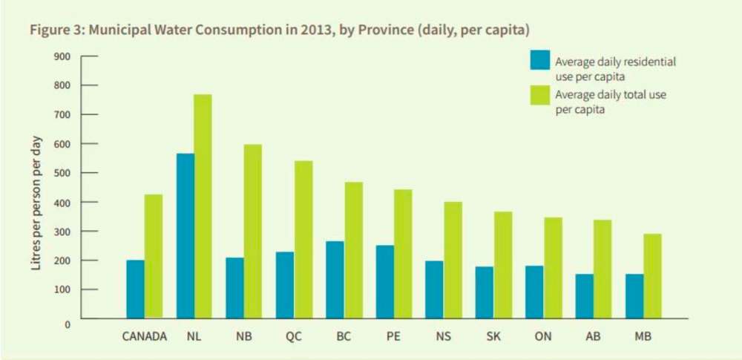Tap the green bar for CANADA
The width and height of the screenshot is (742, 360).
pos(154,256)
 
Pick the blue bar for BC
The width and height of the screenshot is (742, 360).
pos(335,279)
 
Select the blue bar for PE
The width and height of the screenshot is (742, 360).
pos(384,281)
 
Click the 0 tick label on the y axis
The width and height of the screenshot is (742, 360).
pos(68,324)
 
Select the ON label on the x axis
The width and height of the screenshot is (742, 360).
pos(543,336)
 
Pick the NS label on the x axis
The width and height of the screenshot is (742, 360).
pos(444,336)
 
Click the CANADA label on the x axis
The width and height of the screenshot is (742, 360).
pos(145,336)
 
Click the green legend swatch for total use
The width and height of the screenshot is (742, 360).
pos(539,96)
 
